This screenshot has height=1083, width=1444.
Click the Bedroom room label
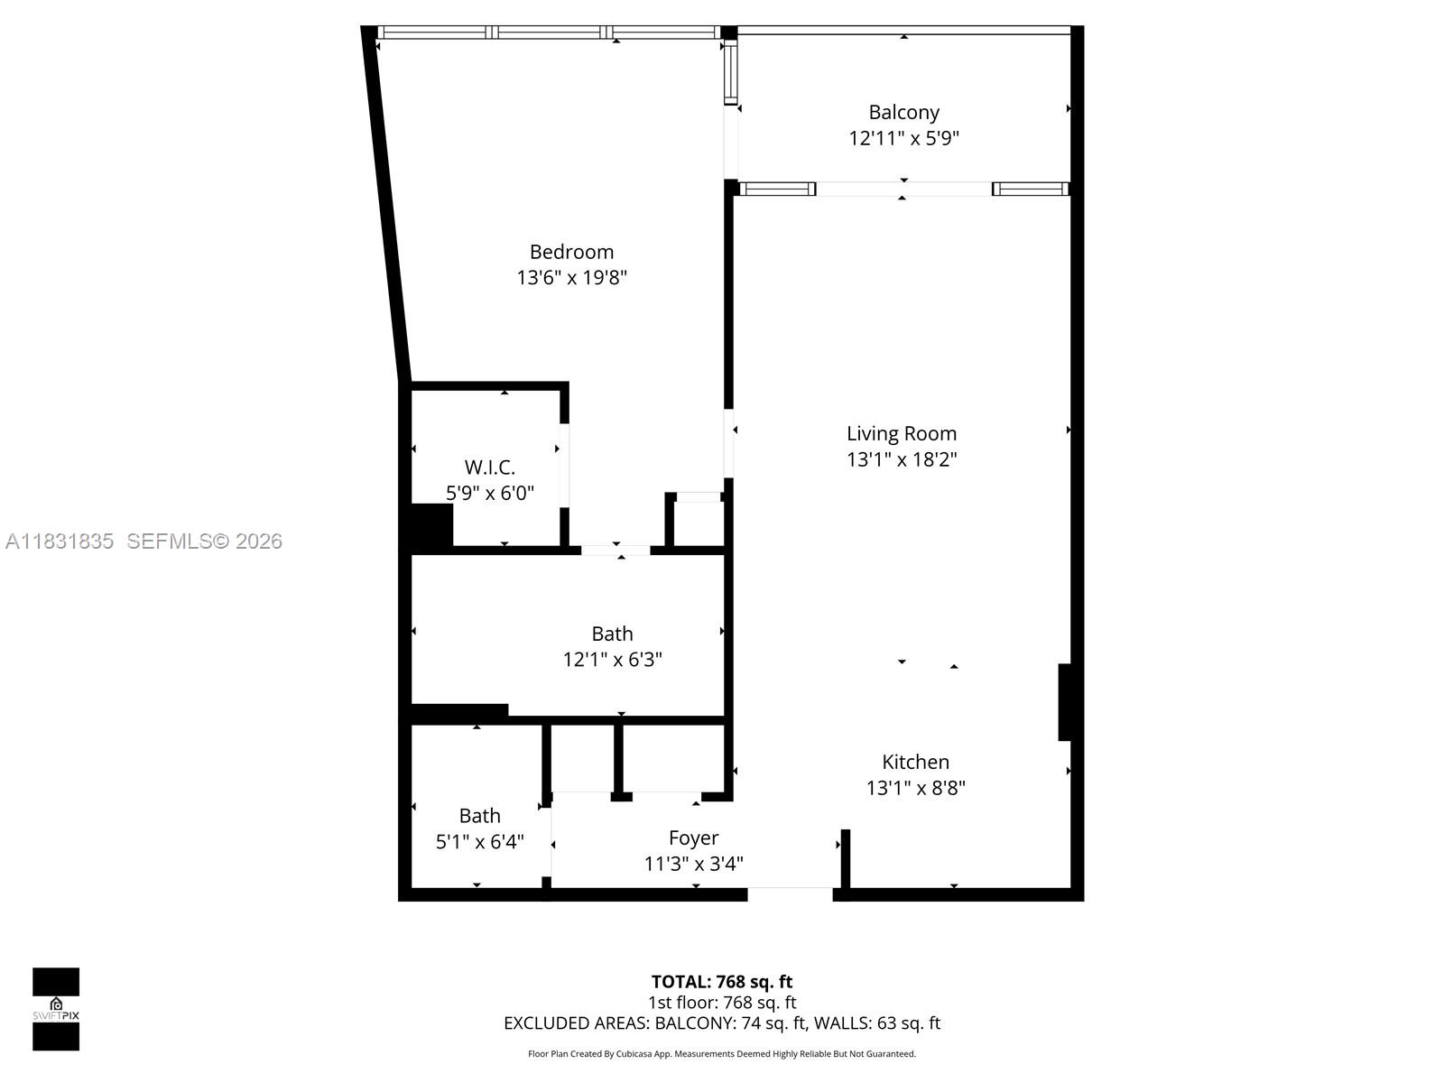[x=571, y=252]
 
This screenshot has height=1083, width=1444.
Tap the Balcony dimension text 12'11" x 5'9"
[x=903, y=138]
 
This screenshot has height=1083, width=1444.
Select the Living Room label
[x=901, y=433]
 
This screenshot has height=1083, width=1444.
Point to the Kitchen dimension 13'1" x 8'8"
[x=915, y=788]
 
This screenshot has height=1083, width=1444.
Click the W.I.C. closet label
[x=489, y=467]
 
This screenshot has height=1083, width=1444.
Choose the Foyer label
[x=693, y=838]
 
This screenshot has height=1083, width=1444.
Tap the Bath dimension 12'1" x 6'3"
[x=612, y=660]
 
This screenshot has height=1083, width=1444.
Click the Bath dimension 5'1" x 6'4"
[x=479, y=842]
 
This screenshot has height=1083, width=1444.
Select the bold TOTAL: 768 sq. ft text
[x=722, y=982]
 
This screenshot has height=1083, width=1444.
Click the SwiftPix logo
[x=56, y=1009]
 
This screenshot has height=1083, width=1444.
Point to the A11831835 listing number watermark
[x=60, y=541]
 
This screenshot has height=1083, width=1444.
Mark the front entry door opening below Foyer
[x=790, y=893]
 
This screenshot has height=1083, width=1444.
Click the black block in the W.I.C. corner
[x=431, y=525]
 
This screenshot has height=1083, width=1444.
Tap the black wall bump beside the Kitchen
[x=1065, y=702]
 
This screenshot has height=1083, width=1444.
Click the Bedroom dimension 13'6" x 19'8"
[x=571, y=277]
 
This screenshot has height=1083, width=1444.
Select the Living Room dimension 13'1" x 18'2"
[x=901, y=459]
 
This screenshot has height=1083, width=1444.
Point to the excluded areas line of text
[x=722, y=1023]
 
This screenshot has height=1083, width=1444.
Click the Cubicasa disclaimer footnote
[x=722, y=1054]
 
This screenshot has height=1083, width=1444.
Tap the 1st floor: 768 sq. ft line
[x=722, y=1003]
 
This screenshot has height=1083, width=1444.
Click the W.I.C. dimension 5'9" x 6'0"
[x=489, y=494]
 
